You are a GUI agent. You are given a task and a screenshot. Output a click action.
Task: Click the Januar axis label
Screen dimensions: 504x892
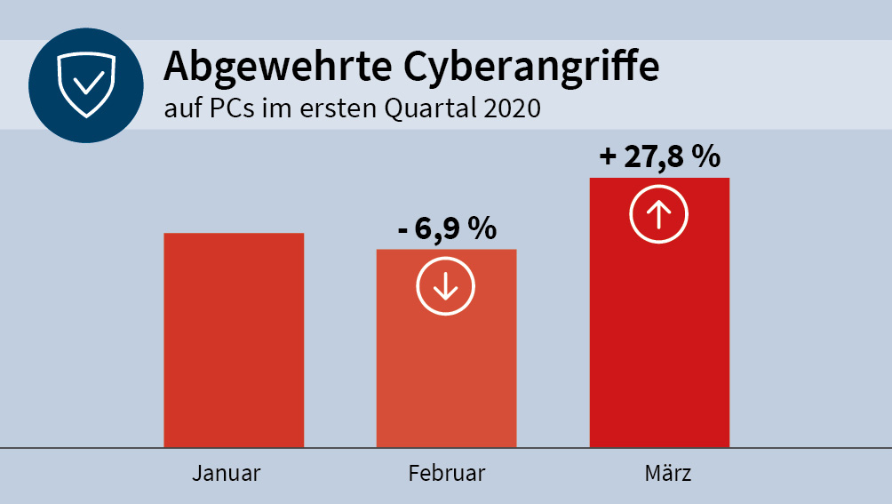coord(227,473)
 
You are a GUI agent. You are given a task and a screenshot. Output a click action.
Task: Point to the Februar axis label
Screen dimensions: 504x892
coord(447,473)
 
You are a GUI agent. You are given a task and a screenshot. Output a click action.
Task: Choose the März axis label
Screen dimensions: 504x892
coord(667,473)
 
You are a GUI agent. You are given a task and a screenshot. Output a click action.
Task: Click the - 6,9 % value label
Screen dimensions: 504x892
coord(447,228)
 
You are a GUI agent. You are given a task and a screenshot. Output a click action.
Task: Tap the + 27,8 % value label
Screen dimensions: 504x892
coord(659,156)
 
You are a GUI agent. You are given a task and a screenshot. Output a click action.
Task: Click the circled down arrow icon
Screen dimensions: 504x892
coord(446,286)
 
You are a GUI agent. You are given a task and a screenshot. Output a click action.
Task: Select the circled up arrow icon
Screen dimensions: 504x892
coord(659,215)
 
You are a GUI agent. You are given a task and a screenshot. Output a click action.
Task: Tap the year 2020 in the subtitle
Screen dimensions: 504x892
coord(513,109)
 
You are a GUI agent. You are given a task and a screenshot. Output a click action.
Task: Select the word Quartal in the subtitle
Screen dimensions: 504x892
coord(430,110)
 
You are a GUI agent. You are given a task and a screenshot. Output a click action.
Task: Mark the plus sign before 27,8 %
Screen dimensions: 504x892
coord(608,157)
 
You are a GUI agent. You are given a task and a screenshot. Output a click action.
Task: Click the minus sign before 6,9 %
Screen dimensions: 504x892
coord(402,230)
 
